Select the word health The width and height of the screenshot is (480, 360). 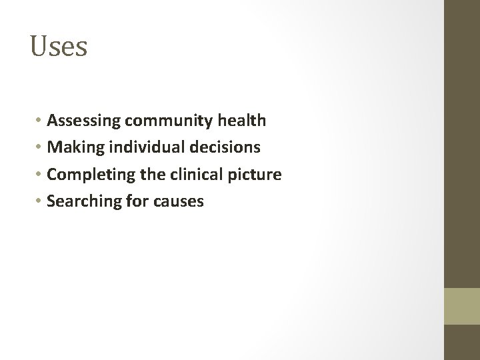pos(245,121)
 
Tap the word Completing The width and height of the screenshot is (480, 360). pos(87,175)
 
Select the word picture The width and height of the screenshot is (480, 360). pos(256,175)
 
